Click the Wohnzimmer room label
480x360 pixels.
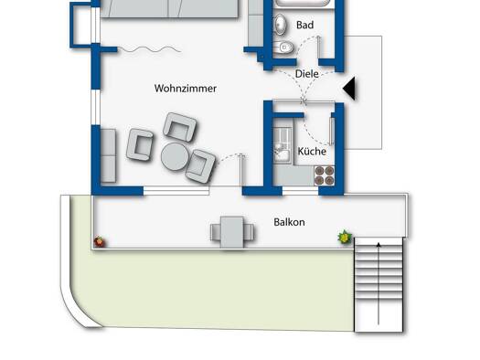(186, 89)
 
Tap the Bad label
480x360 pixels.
(304, 25)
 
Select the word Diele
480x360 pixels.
(306, 74)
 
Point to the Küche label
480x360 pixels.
(312, 151)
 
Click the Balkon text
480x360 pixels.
(289, 222)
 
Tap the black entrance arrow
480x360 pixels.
(349, 89)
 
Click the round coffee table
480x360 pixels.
(175, 156)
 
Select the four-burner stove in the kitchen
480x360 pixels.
(325, 175)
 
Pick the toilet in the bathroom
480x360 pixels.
(283, 48)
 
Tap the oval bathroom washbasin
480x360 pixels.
(281, 24)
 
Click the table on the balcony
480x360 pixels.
(232, 232)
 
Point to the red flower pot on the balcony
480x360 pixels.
(99, 241)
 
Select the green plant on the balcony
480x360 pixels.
(345, 237)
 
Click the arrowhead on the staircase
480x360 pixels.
(379, 245)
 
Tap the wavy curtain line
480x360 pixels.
(149, 49)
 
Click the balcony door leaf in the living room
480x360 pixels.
(241, 170)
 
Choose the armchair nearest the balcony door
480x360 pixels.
(200, 166)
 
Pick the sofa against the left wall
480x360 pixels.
(108, 155)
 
